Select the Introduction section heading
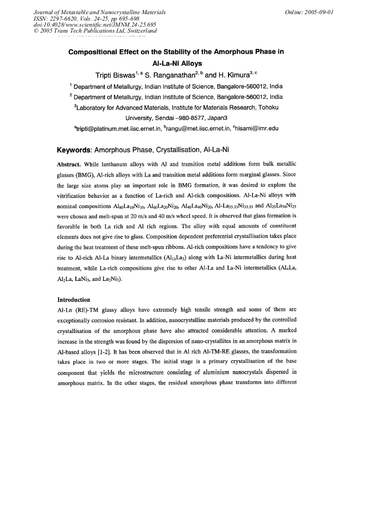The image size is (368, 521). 77,299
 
